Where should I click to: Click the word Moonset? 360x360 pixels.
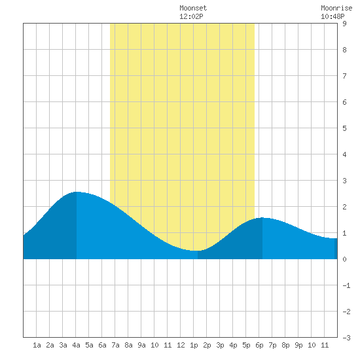pyautogui.click(x=193, y=8)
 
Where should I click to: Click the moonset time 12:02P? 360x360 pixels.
pyautogui.click(x=191, y=16)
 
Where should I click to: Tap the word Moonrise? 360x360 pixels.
pyautogui.click(x=336, y=8)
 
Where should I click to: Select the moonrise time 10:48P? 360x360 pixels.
pyautogui.click(x=333, y=16)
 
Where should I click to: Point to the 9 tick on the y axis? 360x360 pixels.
pyautogui.click(x=344, y=24)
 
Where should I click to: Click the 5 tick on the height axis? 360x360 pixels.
pyautogui.click(x=344, y=128)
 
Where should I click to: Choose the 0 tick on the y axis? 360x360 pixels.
pyautogui.click(x=344, y=259)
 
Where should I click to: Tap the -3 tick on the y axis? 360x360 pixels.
pyautogui.click(x=346, y=338)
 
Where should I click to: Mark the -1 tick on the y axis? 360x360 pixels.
pyautogui.click(x=346, y=285)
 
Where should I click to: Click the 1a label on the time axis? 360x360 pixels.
pyautogui.click(x=37, y=345)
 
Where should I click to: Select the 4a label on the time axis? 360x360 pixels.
pyautogui.click(x=76, y=345)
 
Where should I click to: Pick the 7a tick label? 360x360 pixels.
pyautogui.click(x=115, y=345)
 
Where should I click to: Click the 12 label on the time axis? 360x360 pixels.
pyautogui.click(x=181, y=345)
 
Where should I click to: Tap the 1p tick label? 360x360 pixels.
pyautogui.click(x=194, y=345)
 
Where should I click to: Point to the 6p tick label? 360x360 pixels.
pyautogui.click(x=259, y=345)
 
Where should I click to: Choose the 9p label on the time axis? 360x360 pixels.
pyautogui.click(x=298, y=345)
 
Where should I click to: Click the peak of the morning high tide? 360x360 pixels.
pyautogui.click(x=77, y=192)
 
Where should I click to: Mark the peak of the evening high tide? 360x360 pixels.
pyautogui.click(x=262, y=218)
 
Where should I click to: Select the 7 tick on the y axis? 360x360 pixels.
pyautogui.click(x=344, y=76)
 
